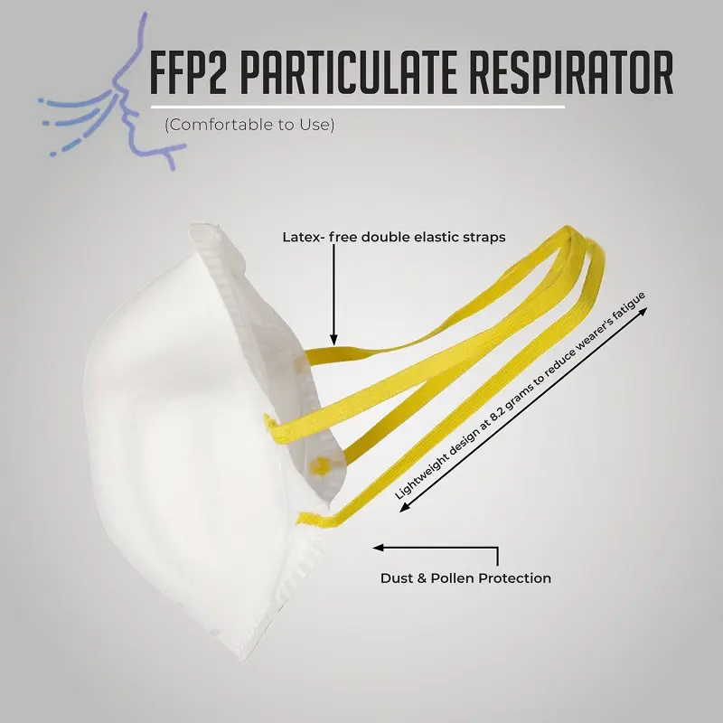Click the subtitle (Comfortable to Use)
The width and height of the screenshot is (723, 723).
click(x=249, y=125)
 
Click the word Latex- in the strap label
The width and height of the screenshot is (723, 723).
click(x=305, y=238)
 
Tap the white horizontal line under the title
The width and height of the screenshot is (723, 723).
click(x=361, y=107)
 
